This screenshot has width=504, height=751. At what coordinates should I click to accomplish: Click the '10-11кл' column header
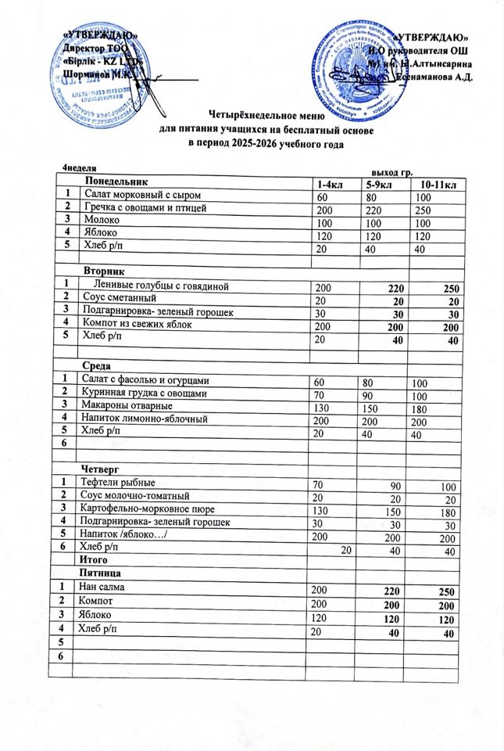438,184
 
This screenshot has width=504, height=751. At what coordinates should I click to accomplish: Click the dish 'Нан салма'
105,586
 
